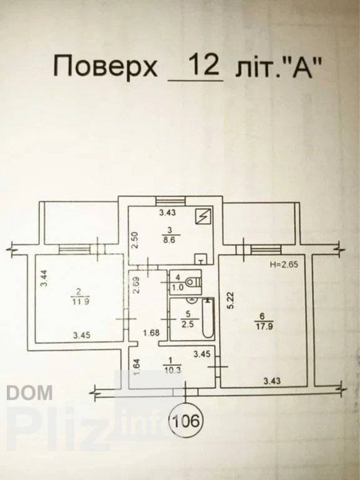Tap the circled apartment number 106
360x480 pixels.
tap(186, 421)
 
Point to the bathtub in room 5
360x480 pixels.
tap(208, 318)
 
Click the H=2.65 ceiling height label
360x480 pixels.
tap(284, 264)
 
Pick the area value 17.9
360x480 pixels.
tap(261, 326)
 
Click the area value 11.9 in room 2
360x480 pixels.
tap(78, 301)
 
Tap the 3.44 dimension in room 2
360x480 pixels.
tap(44, 278)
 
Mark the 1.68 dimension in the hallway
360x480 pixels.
tap(151, 332)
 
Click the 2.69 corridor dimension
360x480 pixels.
tap(136, 285)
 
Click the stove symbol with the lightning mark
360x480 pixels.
tap(202, 216)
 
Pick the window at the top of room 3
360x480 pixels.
tap(171, 201)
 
